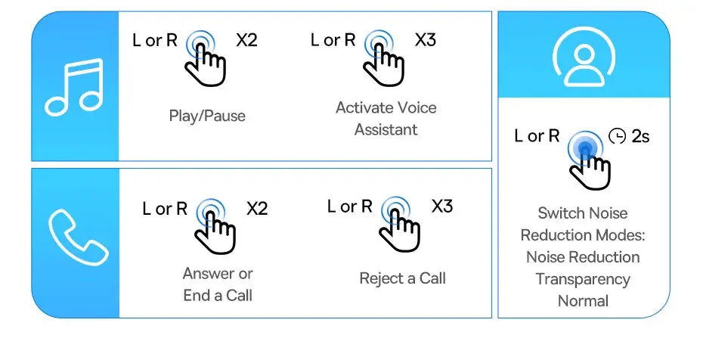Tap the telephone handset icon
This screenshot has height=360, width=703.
77,237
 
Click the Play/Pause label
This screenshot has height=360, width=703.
207,116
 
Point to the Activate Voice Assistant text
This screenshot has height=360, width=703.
386,118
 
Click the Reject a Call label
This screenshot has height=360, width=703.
403,278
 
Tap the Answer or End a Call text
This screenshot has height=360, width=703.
218,284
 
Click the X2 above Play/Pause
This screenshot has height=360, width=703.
246,40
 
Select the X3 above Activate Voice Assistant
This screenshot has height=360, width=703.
426,40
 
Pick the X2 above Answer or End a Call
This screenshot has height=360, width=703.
257,209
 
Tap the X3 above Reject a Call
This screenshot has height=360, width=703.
442,206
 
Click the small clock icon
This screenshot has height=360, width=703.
617,136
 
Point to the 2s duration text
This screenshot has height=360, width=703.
640,136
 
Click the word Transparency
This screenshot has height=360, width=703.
583,279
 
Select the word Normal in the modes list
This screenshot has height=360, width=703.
583,301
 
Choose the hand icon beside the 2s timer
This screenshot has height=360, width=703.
591,168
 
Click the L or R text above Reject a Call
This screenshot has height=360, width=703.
350,206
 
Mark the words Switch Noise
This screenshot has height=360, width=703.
582,213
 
